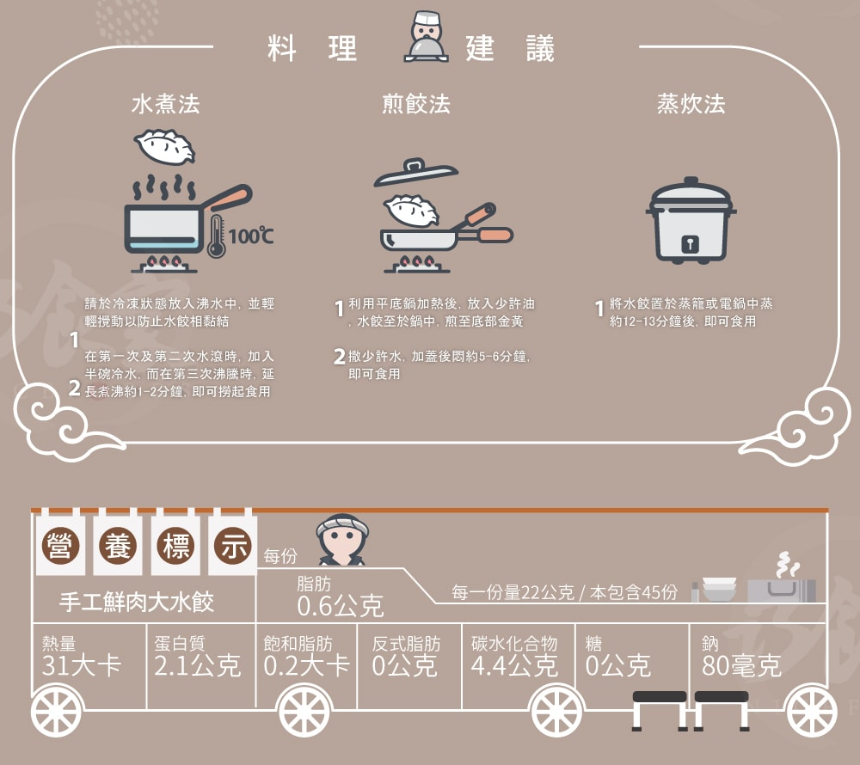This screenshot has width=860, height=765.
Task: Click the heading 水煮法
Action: point(165,104)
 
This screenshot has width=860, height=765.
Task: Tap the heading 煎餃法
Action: point(415,104)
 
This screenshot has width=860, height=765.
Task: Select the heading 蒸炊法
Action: point(691,104)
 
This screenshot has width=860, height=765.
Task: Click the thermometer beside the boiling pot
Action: point(215,236)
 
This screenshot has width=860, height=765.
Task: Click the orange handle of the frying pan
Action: point(495,235)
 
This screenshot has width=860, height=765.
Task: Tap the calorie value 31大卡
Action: point(82,665)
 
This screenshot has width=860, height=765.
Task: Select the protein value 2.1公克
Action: point(198,665)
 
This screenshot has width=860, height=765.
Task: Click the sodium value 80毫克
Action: point(741,665)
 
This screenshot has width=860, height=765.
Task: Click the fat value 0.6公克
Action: point(340,606)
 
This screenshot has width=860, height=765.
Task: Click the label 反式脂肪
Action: point(406,643)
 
